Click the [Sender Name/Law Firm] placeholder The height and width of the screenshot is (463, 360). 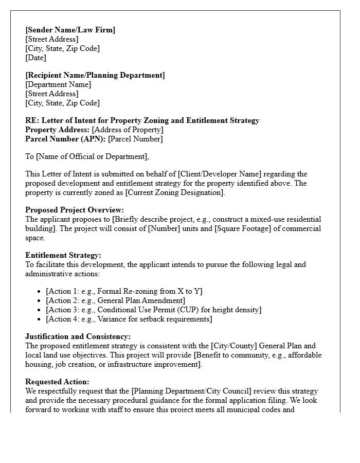point(70,30)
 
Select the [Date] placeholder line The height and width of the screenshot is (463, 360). point(35,58)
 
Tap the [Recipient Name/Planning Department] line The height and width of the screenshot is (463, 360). point(95,75)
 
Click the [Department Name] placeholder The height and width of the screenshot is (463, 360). point(58,84)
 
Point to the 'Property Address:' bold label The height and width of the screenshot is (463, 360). point(58,130)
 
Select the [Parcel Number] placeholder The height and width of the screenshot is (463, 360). point(136,139)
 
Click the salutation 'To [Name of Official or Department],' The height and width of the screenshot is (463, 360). point(87,156)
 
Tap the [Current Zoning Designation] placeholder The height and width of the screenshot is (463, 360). point(175,192)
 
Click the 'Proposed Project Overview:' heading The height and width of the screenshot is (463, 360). point(75,210)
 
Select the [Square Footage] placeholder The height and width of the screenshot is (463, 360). point(243,228)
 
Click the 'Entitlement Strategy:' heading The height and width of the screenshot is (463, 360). point(63,255)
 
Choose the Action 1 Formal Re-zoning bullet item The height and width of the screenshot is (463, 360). point(124,291)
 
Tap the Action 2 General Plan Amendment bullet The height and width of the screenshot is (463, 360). point(115,300)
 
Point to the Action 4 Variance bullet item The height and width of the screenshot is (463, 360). point(129,319)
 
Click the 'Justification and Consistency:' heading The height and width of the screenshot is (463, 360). point(78,336)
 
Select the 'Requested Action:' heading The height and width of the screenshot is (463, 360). point(57,382)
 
